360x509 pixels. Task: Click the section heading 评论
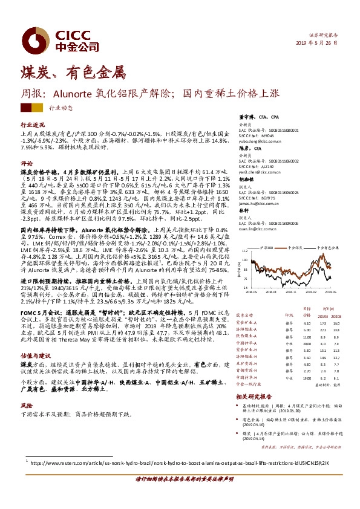tap(26, 164)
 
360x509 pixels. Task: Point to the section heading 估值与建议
tap(33, 356)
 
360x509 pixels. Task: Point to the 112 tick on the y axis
tap(245, 250)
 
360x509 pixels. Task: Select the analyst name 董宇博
tap(245, 117)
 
